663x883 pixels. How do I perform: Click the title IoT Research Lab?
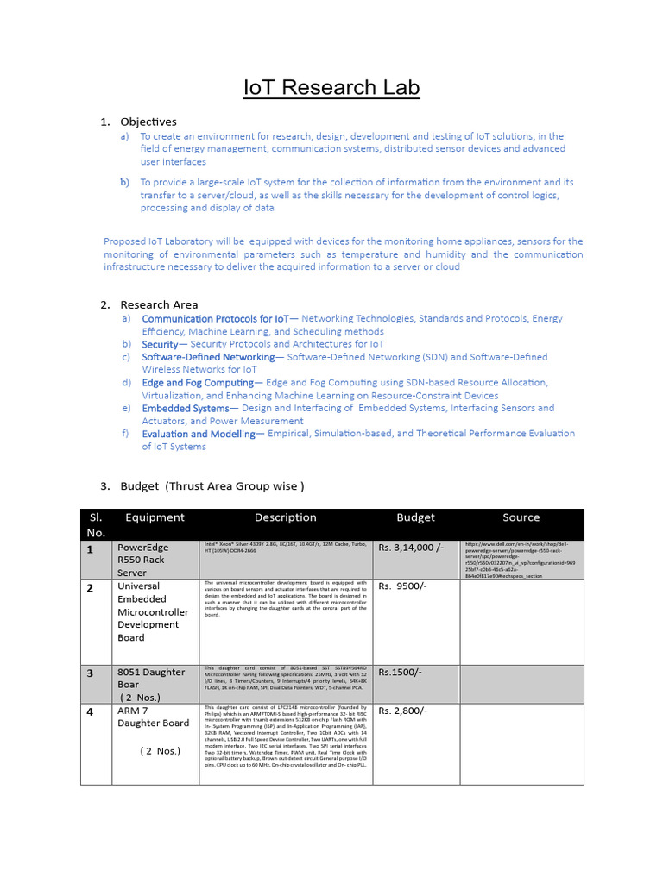331,88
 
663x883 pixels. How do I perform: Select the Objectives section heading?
148,122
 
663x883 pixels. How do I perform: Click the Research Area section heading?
159,304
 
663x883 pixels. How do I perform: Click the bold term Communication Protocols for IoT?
216,318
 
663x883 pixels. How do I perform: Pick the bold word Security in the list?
159,344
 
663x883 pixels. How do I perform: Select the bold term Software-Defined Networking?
208,356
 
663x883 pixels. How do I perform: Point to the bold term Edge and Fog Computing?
198,382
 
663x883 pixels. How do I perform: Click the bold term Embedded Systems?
186,408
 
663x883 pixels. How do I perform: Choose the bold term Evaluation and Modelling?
199,434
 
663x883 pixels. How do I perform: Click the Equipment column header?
155,517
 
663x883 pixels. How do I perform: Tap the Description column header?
285,517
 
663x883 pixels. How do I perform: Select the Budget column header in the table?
415,517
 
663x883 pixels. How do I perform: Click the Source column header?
521,517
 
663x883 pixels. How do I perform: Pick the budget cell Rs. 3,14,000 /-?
411,548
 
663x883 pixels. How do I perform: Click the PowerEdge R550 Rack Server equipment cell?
143,560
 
